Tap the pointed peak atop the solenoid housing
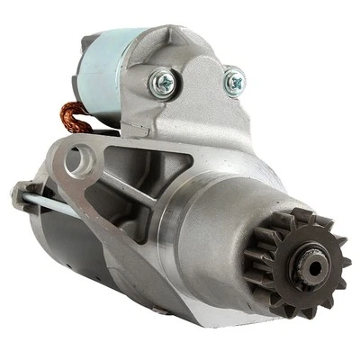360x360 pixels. click(172, 31)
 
